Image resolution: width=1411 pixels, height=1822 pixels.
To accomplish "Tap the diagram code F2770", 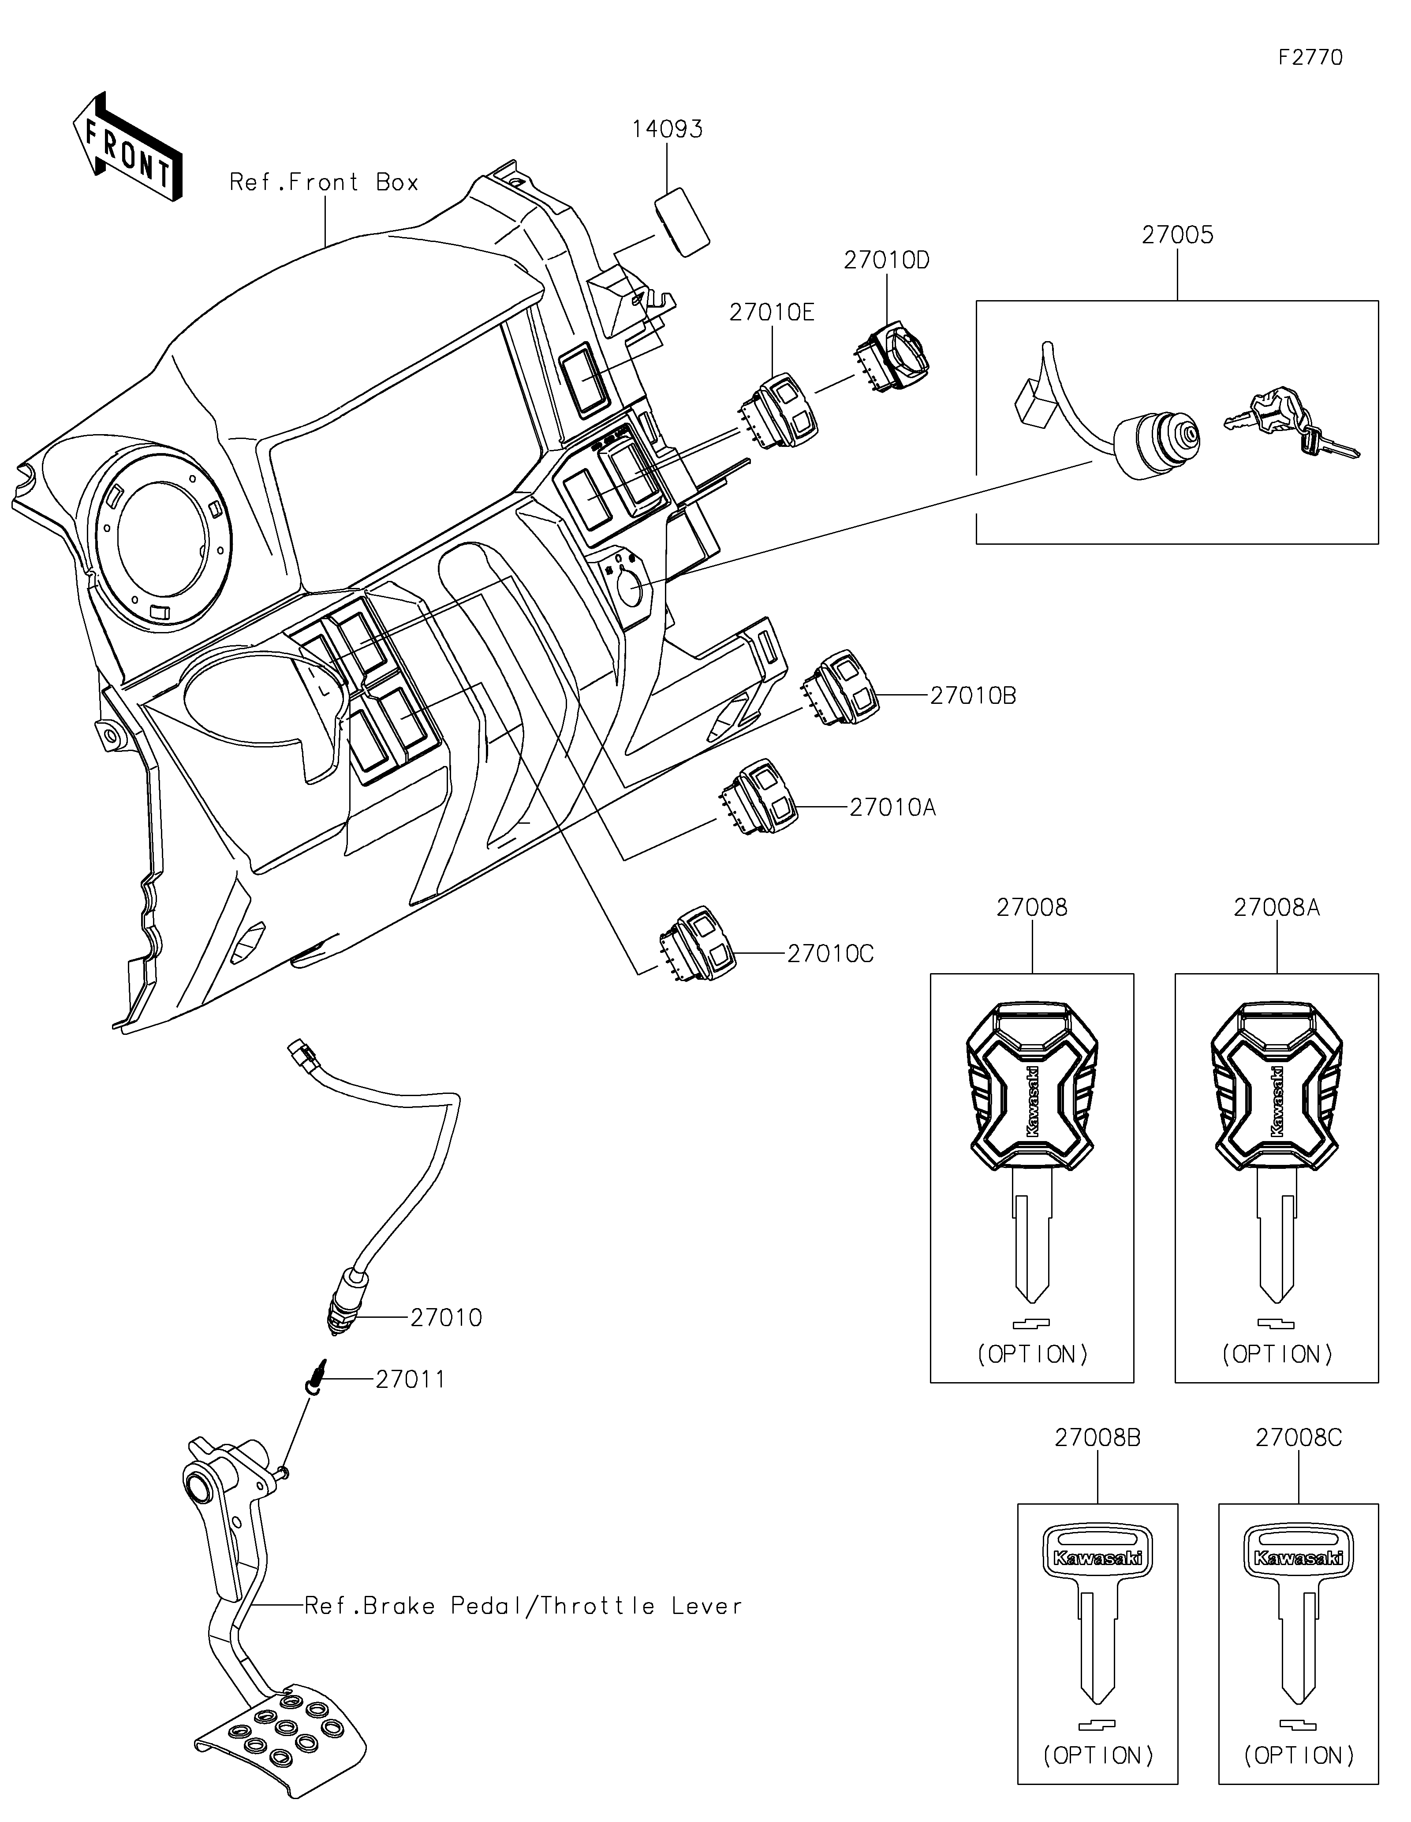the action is (1311, 58).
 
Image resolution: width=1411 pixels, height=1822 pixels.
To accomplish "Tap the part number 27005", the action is (1177, 235).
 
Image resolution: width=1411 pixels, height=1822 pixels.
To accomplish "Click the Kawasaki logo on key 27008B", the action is (1097, 1558).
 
